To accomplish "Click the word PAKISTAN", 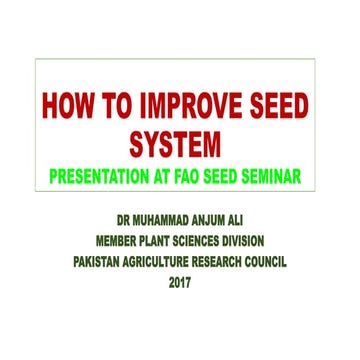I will pos(105,262).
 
